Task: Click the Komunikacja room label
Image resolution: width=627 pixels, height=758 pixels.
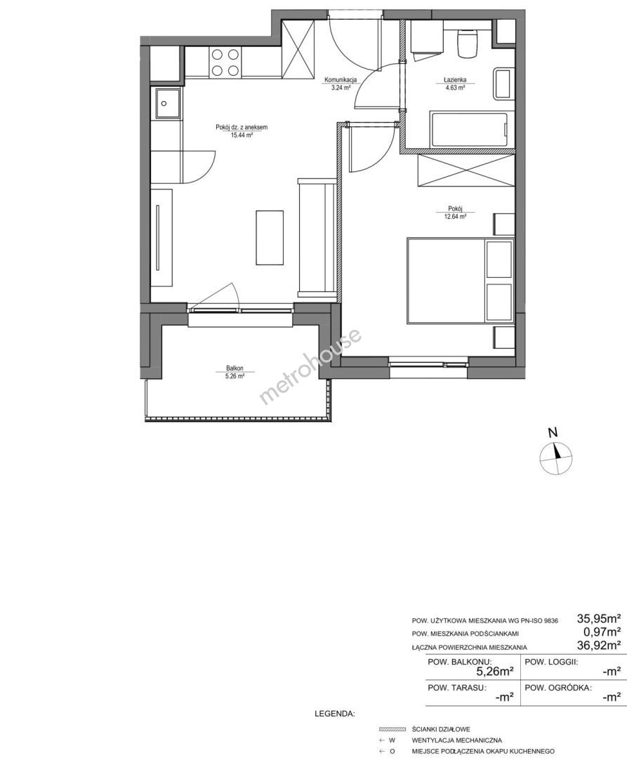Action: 341,80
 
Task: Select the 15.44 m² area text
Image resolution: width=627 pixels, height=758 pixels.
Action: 242,135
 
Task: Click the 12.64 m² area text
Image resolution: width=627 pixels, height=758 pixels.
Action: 456,217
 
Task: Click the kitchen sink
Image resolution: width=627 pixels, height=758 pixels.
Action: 166,103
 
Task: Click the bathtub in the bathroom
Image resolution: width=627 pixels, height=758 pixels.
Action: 469,130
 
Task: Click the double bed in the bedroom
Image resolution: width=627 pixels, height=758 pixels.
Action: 460,280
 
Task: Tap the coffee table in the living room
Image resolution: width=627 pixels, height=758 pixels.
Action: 270,237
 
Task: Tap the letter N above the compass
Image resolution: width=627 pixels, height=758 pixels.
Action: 554,432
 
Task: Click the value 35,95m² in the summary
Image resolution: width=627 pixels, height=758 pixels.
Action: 599,618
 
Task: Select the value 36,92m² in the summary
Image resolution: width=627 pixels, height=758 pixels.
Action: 599,645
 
